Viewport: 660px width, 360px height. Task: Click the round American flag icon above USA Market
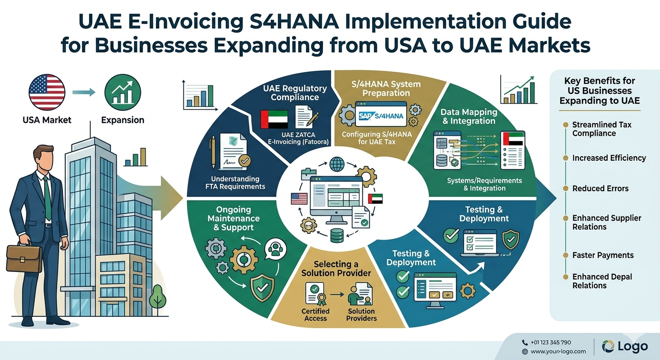click(47, 92)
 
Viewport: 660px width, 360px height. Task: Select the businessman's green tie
click(47, 197)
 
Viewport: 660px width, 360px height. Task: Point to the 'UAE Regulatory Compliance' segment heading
click(295, 93)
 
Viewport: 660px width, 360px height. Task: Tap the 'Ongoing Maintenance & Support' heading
click(233, 218)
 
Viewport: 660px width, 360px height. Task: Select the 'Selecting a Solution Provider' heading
click(336, 269)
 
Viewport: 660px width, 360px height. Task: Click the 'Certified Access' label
click(315, 315)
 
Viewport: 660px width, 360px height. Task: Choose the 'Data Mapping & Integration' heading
click(468, 116)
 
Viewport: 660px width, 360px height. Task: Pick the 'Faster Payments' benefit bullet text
click(603, 255)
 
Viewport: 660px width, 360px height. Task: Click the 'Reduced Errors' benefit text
click(600, 188)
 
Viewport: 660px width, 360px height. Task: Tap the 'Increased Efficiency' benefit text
click(609, 158)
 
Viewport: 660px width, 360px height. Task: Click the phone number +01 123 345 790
click(550, 342)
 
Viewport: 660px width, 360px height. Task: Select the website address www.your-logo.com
click(558, 351)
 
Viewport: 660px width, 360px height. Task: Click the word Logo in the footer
click(632, 346)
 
